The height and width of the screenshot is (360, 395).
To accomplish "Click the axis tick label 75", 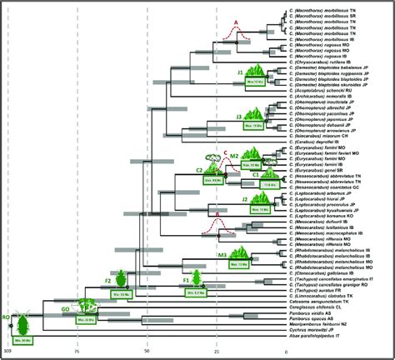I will click(77, 353).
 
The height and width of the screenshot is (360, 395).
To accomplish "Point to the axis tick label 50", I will click(147, 353).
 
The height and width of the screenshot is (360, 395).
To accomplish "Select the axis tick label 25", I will click(217, 353).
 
